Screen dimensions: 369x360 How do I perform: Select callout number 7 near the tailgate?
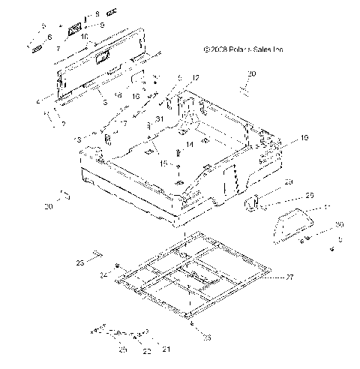58,48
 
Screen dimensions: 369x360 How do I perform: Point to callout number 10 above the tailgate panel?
84,36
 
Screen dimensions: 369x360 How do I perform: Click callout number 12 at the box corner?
196,78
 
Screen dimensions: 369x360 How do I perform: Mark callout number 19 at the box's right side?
283,138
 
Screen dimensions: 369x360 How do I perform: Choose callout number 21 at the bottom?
166,349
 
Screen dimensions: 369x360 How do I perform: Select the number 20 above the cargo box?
251,73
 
